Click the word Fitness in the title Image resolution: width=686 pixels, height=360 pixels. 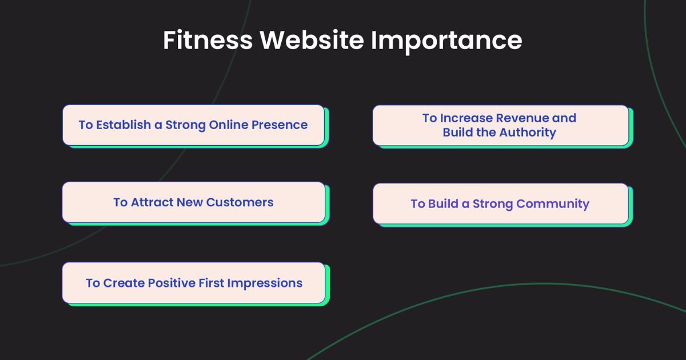[207, 41]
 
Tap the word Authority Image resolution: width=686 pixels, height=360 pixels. [527, 133]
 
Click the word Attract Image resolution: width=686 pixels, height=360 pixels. [152, 202]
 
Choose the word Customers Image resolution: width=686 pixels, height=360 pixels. [240, 202]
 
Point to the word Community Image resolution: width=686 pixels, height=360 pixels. [553, 204]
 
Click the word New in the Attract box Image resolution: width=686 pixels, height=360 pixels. [190, 202]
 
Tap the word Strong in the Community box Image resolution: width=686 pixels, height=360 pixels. [492, 204]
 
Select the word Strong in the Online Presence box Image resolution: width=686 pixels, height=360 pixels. [185, 125]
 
